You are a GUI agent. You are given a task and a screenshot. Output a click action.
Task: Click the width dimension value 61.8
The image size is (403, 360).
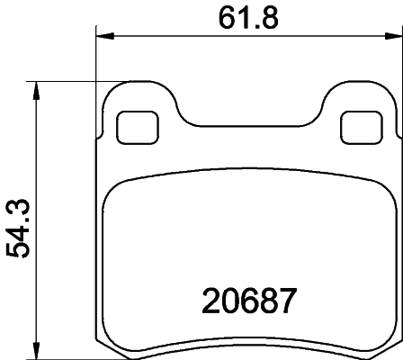[x=246, y=15]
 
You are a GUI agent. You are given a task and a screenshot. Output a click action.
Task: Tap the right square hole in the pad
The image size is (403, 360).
[x=361, y=126]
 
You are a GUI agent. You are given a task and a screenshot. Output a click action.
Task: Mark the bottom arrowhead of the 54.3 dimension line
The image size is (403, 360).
[x=37, y=350]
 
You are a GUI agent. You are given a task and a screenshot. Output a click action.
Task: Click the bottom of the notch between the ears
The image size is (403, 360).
[x=248, y=125]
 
